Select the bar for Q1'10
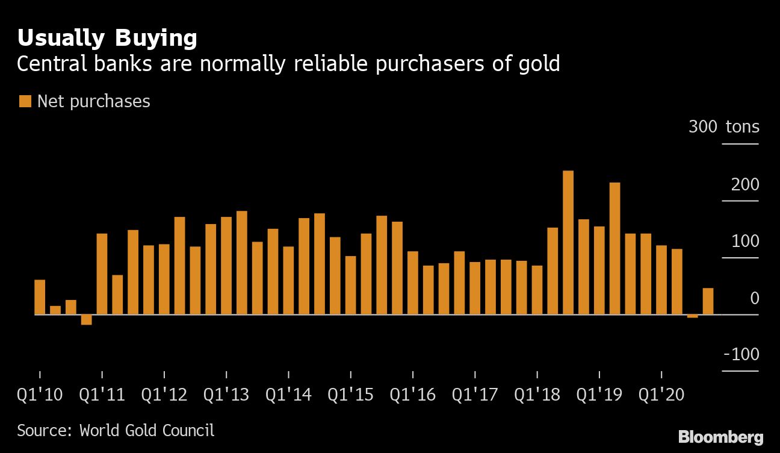(40, 297)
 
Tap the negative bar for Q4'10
(86, 320)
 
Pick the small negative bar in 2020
(692, 316)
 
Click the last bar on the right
(708, 301)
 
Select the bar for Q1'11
(102, 274)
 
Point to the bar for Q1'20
(661, 280)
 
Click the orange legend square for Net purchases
(25, 101)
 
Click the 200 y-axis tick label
(744, 184)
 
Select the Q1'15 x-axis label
(351, 395)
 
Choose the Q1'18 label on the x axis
(537, 395)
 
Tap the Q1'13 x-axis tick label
(226, 395)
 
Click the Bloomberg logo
(720, 437)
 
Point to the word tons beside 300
(742, 127)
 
